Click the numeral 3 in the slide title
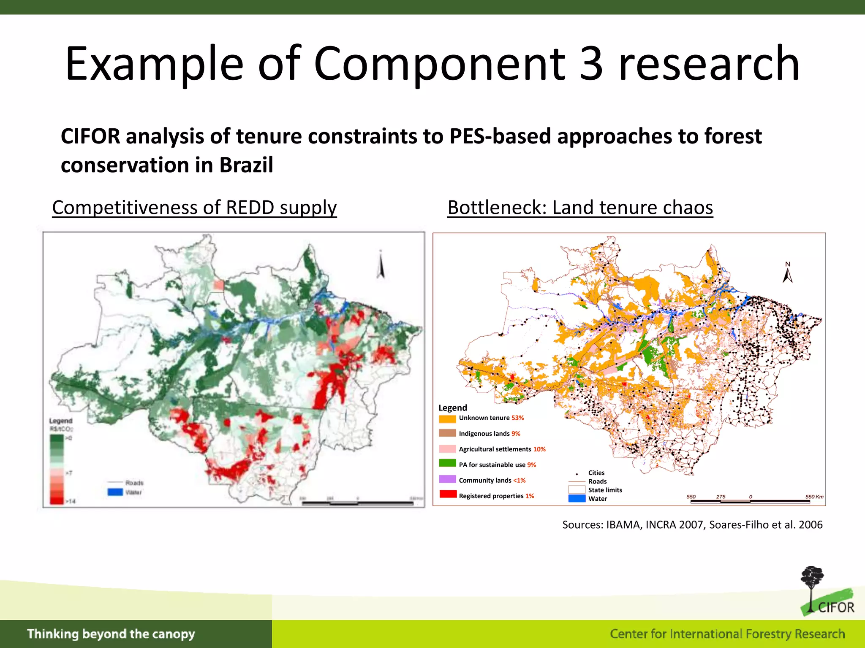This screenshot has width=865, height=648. point(591,64)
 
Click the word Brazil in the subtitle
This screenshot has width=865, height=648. point(246,165)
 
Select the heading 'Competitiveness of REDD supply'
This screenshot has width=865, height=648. point(194,208)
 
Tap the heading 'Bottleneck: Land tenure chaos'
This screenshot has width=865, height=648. point(580,208)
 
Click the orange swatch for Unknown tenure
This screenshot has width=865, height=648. point(447,418)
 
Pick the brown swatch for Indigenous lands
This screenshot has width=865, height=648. point(447,433)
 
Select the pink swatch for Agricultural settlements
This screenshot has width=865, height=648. point(447,449)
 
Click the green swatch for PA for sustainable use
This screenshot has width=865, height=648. point(447,464)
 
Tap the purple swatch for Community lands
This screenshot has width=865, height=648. point(447,479)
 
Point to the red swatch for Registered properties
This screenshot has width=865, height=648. point(447,494)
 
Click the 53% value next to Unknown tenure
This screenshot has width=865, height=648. point(518,418)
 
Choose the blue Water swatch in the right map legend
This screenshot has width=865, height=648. point(577,499)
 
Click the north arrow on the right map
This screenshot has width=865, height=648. point(788,273)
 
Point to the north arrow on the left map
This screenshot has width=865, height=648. point(381,265)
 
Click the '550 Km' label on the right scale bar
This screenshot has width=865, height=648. point(814,497)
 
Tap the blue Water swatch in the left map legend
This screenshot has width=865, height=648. point(115,492)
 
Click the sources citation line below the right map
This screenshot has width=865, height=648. point(692,525)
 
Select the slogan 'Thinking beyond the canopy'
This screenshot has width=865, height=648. point(111,634)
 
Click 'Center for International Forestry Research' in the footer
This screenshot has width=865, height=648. point(727,634)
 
